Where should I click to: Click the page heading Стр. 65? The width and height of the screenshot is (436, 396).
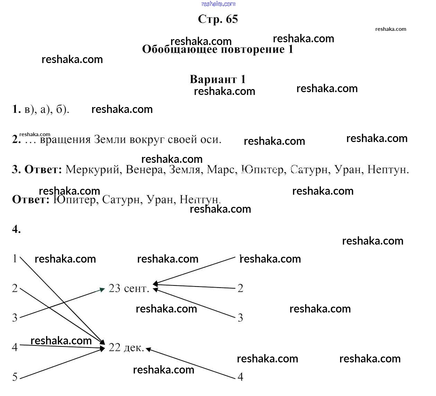(218, 19)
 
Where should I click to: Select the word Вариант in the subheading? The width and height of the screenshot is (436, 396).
(213, 79)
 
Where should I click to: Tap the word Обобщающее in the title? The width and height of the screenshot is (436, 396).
(179, 50)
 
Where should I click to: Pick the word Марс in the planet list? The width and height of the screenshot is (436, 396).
(222, 170)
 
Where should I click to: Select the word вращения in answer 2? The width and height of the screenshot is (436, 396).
(65, 140)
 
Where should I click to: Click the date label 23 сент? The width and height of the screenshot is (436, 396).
(129, 288)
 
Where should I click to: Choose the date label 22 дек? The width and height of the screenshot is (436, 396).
(126, 347)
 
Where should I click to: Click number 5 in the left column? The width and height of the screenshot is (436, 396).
(15, 377)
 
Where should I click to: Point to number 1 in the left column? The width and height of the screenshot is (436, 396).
(15, 258)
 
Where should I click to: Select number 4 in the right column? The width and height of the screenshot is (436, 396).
(240, 377)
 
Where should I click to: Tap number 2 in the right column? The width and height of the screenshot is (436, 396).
(240, 288)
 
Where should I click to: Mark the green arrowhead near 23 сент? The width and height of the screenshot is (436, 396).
(102, 289)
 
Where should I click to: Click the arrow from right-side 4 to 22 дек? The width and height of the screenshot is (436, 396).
(190, 363)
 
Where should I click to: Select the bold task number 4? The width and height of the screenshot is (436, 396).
(16, 229)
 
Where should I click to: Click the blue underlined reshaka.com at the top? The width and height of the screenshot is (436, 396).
(218, 4)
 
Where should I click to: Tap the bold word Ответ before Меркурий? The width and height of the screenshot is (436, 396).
(43, 170)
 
